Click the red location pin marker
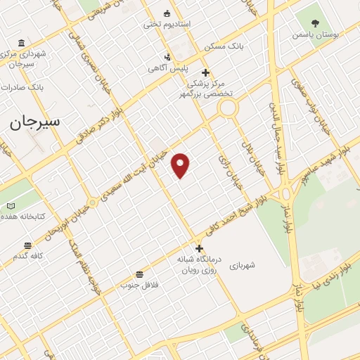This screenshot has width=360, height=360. point(181,165)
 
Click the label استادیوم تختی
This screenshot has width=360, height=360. point(167,25)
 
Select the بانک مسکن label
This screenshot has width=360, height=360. point(224,46)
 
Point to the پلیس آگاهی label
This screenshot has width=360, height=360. point(166,68)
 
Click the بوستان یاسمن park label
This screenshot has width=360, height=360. point(316,34)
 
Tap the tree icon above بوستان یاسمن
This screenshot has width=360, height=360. point(315,22)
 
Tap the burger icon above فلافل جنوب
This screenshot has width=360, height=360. point(139,274)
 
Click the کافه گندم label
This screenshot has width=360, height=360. point(27,256)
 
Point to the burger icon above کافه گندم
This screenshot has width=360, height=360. point(27,245)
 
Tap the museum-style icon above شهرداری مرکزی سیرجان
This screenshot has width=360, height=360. point(22,42)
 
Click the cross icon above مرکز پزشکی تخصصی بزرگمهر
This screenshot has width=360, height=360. point(205,72)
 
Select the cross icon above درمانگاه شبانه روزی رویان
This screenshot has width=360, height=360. point(200,248)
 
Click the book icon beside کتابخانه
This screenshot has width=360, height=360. point(11,206)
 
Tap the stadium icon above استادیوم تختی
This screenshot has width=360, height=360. point(167,13)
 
